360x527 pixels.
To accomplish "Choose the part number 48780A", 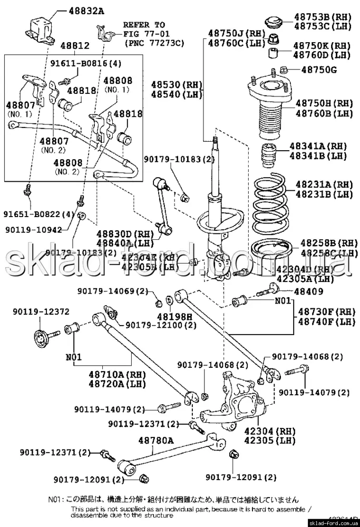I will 156,439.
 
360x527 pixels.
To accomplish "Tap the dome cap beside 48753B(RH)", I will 273,22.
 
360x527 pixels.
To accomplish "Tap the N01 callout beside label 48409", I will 283,301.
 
